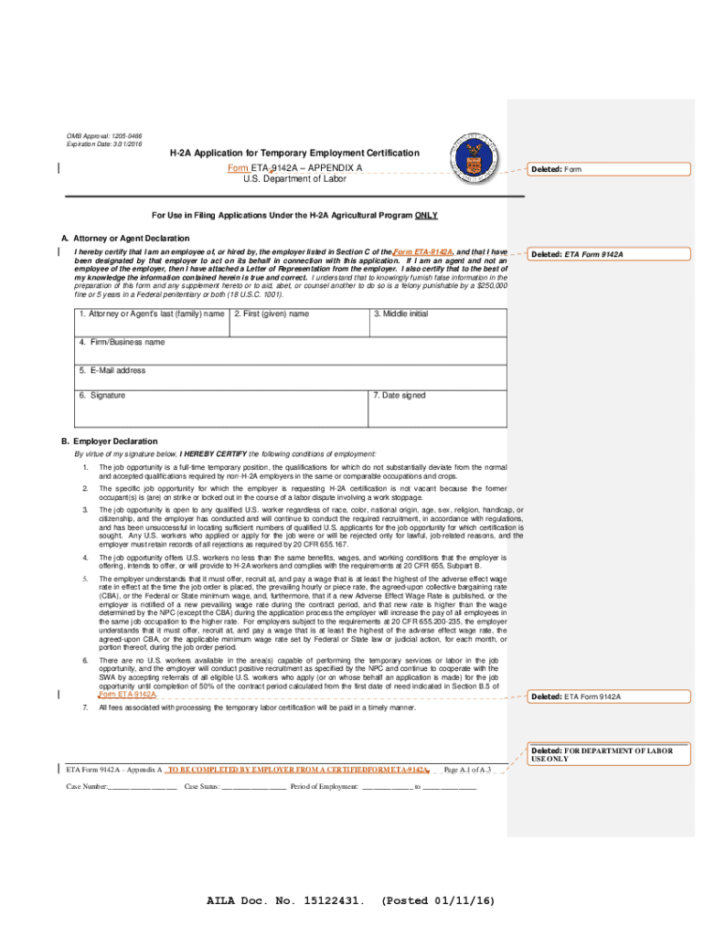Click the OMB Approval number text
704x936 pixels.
point(103,135)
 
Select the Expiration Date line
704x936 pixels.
point(103,144)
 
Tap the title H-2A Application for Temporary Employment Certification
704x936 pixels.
point(294,154)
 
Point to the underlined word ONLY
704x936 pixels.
point(426,216)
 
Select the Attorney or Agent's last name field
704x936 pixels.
point(148,323)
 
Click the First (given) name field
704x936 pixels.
point(298,323)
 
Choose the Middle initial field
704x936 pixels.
point(437,323)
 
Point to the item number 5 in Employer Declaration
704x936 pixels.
point(85,580)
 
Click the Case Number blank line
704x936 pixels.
point(143,787)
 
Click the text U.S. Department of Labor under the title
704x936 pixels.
point(294,180)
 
